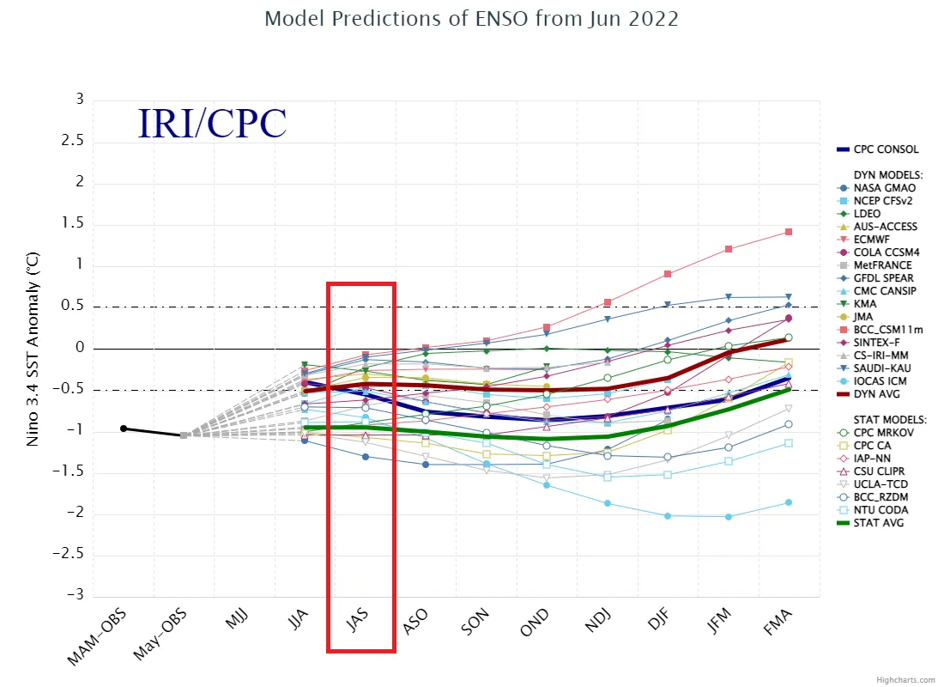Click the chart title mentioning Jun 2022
click(471, 18)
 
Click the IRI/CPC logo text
click(212, 124)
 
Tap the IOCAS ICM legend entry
click(879, 380)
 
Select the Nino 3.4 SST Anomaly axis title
click(33, 348)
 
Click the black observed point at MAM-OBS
click(124, 428)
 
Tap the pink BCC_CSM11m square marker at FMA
click(788, 232)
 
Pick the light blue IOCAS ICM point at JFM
click(729, 516)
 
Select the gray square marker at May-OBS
click(184, 435)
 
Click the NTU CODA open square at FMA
click(788, 443)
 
